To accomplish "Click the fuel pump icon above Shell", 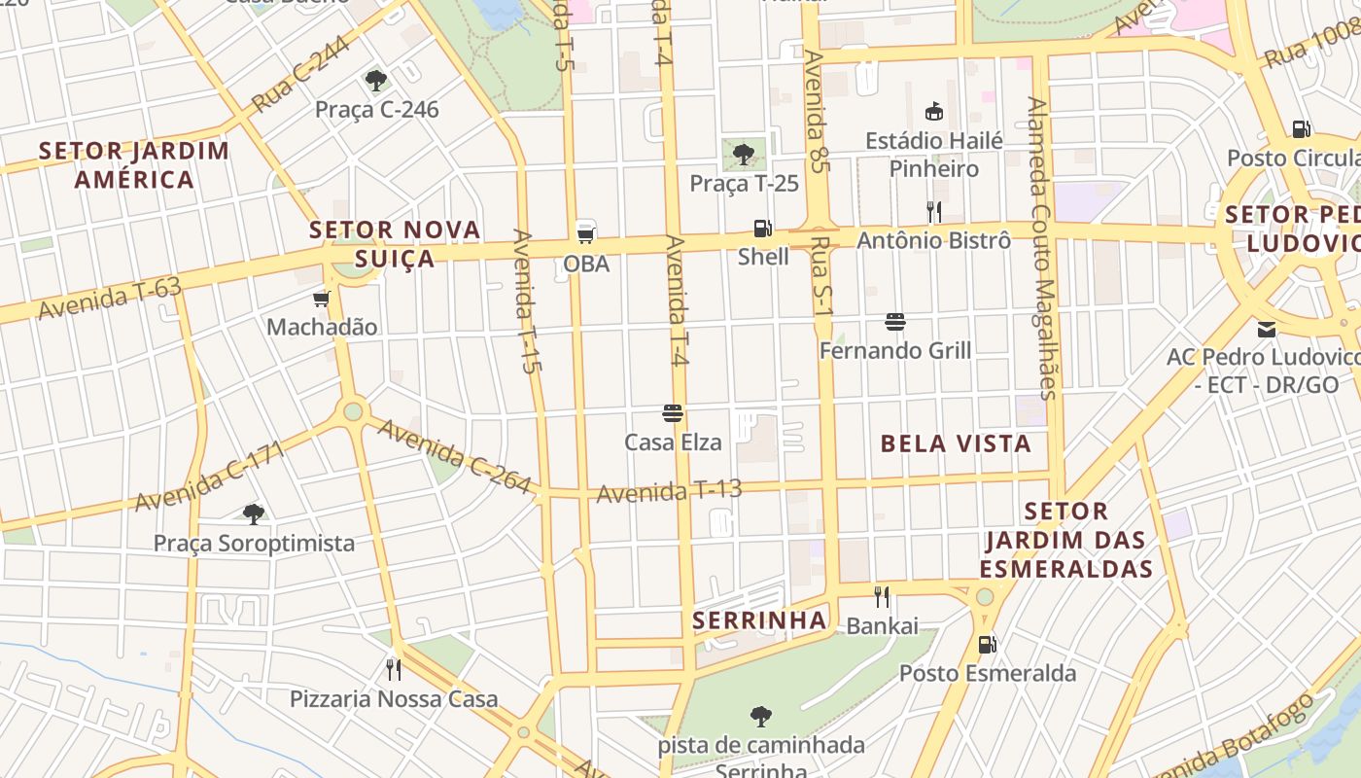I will click(x=763, y=229).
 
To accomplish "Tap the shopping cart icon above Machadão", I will click(x=321, y=299).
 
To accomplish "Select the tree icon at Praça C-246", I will click(x=376, y=80).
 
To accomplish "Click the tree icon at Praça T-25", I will click(x=744, y=153).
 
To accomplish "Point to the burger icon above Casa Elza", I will click(x=673, y=413).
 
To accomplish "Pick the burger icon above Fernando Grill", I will click(x=895, y=322).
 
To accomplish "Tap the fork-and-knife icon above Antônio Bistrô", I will click(x=933, y=211).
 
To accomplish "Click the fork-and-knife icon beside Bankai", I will click(x=882, y=596).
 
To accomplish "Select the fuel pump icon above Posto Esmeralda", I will click(x=987, y=644).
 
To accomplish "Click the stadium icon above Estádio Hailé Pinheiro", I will click(x=934, y=111).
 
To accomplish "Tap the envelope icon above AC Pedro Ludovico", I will click(x=1266, y=329).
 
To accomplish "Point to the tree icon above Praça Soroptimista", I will click(x=254, y=513).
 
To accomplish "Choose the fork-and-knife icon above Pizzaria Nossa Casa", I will click(x=394, y=669).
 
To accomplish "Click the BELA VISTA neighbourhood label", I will click(x=955, y=443).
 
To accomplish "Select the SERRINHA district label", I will click(x=759, y=619).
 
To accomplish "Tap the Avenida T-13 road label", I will click(x=669, y=491).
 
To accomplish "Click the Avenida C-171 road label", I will click(x=210, y=477).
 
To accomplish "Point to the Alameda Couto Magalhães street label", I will click(x=1041, y=248).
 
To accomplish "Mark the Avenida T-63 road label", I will click(x=109, y=298).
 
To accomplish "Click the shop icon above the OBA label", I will click(x=585, y=232).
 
